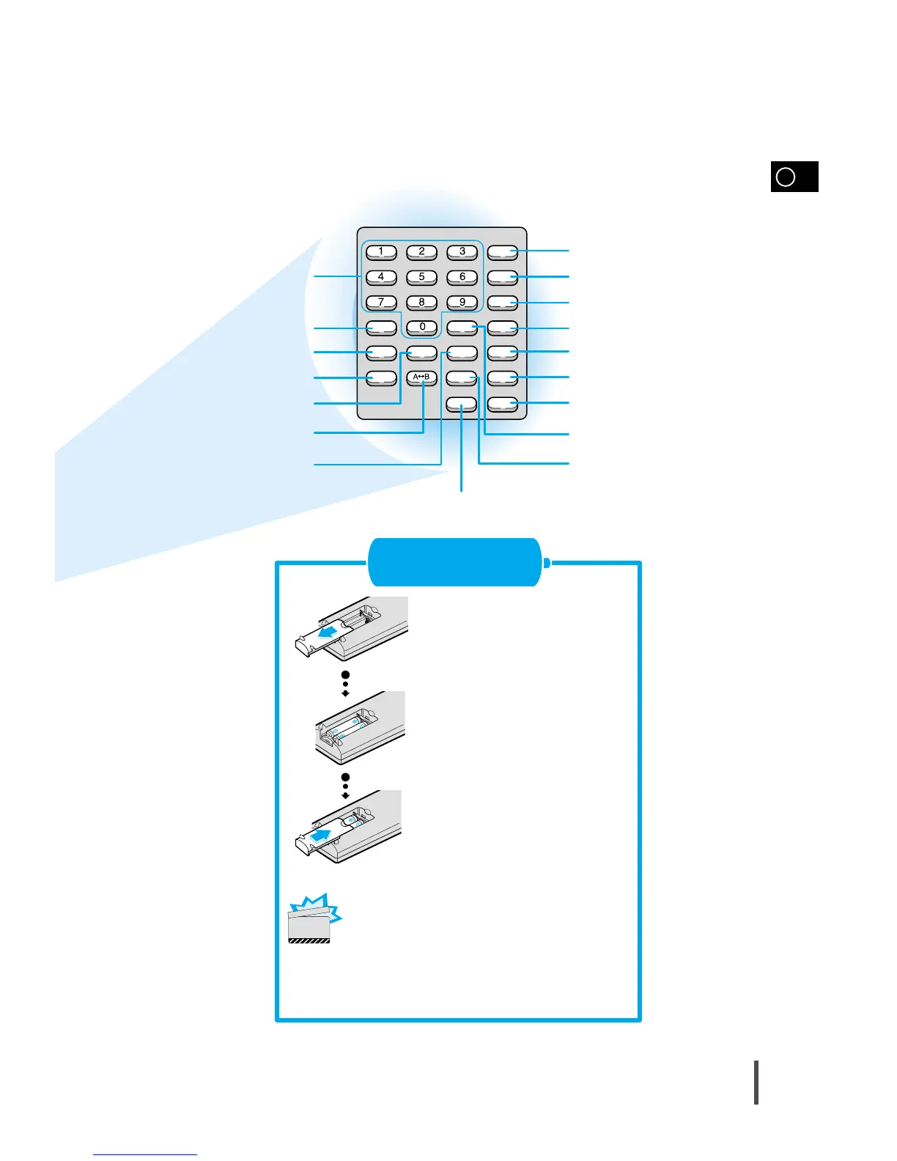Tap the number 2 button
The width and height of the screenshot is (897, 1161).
pos(421,251)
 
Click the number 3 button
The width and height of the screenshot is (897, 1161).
pos(462,251)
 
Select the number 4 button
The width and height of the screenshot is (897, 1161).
pos(381,277)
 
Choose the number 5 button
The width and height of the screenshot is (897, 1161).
pos(421,277)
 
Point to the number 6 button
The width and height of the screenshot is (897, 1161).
pos(462,277)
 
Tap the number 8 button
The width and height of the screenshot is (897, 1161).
pos(421,302)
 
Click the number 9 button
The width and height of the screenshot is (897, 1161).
pos(462,302)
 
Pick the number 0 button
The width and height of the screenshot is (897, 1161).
pos(422,327)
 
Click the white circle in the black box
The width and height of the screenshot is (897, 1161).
pos(785,177)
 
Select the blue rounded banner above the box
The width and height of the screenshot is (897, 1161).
pos(454,562)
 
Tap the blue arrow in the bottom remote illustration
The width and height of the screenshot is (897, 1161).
pos(325,836)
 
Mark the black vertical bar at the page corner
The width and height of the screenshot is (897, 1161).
pos(756,1081)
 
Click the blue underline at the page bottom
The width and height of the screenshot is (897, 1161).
pos(145,1154)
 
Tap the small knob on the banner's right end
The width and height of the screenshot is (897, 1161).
pos(547,563)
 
